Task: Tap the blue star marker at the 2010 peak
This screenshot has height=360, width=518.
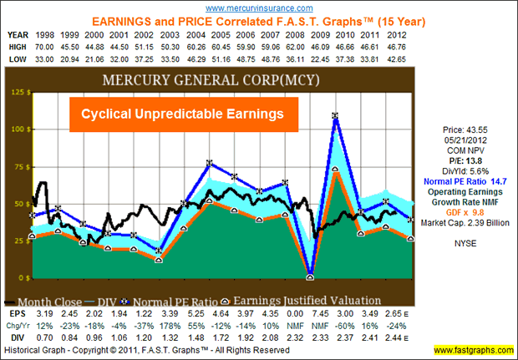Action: tap(336, 116)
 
